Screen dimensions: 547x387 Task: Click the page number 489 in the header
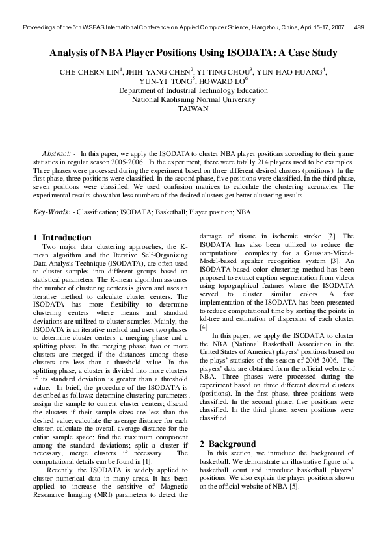[358, 28]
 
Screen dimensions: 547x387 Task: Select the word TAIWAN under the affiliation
[193, 109]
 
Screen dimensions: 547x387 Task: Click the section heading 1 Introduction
[62, 237]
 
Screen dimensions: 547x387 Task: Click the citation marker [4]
[204, 327]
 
